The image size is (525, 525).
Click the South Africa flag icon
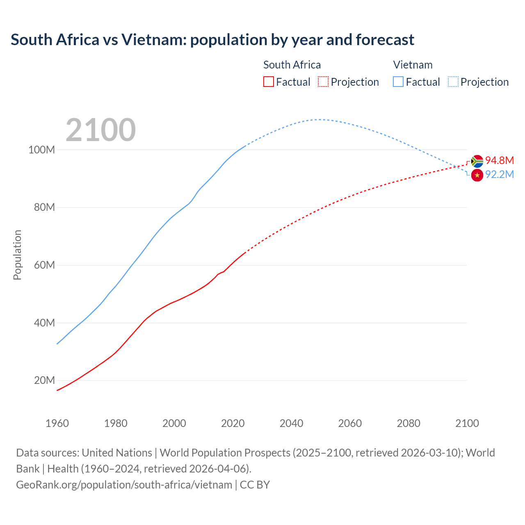[477, 161]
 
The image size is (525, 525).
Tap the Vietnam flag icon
[477, 175]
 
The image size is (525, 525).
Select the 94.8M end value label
[499, 160]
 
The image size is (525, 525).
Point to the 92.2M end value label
[499, 175]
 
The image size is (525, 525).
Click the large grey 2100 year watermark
[100, 130]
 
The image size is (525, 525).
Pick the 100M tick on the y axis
[41, 150]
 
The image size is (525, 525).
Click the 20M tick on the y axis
[44, 381]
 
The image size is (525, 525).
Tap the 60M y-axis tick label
[44, 265]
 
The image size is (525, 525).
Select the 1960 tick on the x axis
[57, 423]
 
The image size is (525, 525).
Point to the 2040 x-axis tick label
[291, 423]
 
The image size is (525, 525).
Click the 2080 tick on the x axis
[409, 423]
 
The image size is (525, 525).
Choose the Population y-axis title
[17, 255]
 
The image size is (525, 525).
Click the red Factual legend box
[269, 82]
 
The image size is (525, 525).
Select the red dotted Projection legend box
[323, 82]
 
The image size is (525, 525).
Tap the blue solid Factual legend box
[398, 82]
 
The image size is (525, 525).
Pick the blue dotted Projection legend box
[453, 82]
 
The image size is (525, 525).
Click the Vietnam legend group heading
[413, 65]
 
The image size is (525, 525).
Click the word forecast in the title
[385, 40]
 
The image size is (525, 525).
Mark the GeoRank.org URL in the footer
[124, 485]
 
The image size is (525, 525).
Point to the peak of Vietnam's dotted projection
[318, 119]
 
